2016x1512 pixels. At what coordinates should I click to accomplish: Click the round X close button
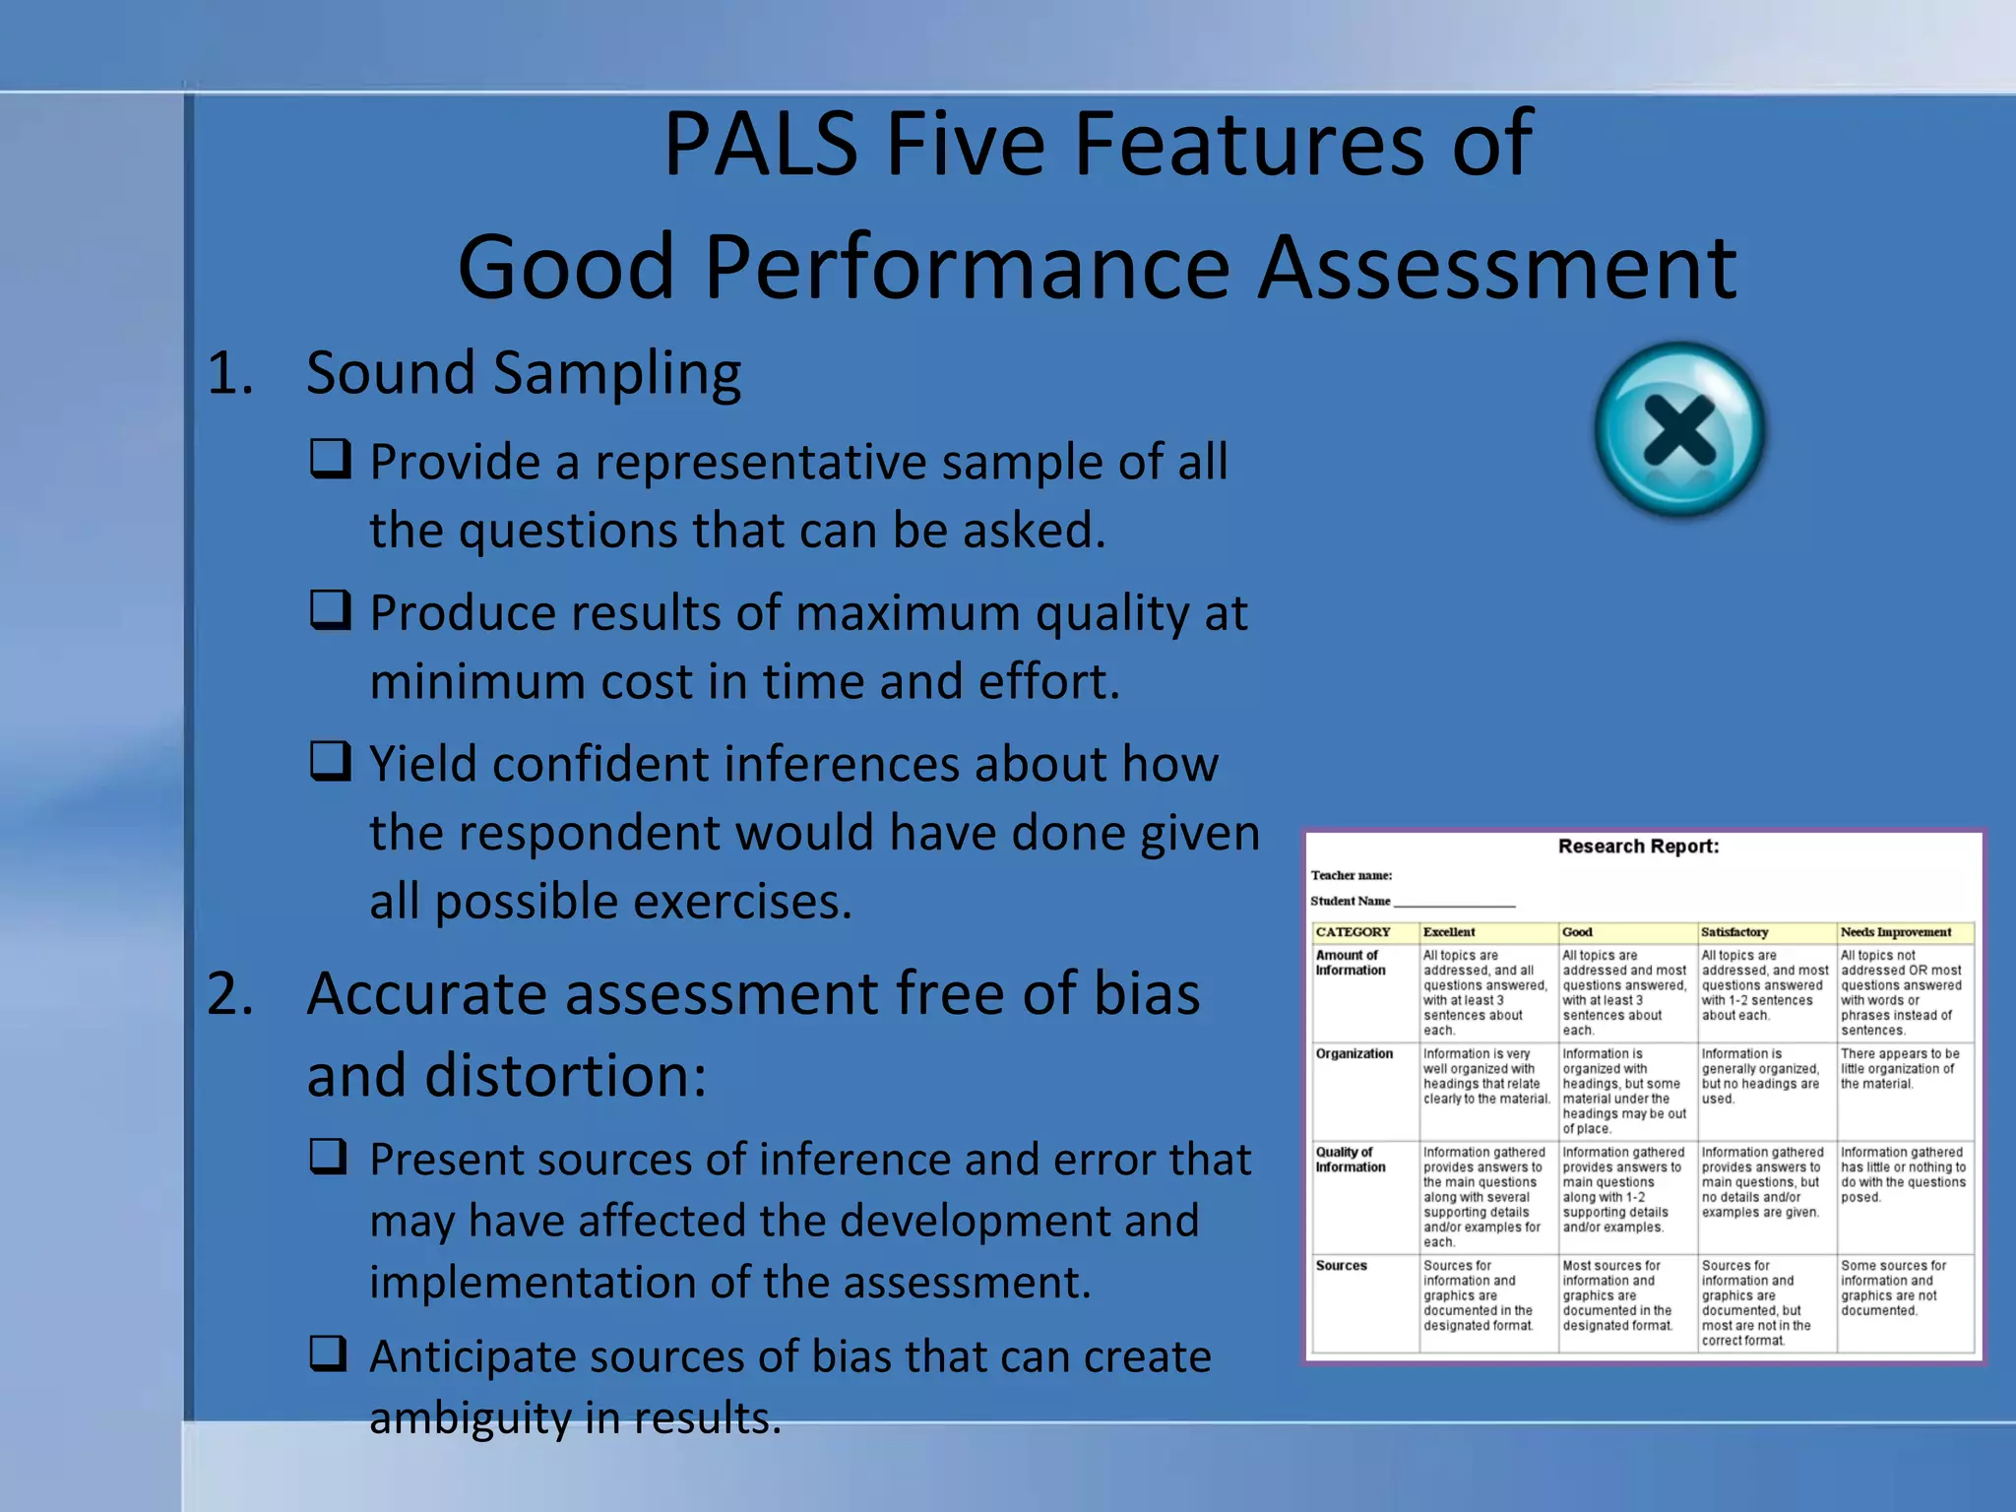click(x=1679, y=429)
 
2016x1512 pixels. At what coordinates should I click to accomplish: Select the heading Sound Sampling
click(x=523, y=373)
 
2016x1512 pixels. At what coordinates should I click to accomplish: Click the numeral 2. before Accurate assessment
click(x=230, y=993)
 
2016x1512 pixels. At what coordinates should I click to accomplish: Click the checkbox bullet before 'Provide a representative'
click(x=330, y=459)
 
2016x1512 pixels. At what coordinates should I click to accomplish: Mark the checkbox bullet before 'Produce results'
click(x=330, y=610)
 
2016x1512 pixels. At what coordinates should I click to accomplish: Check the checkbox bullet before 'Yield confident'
click(x=330, y=761)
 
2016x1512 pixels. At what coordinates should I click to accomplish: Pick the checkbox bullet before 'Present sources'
click(x=330, y=1157)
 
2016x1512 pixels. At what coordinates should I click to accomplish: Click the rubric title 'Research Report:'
click(x=1638, y=847)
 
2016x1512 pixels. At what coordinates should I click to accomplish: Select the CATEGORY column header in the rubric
click(x=1353, y=932)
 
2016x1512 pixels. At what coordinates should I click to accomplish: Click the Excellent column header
click(x=1449, y=932)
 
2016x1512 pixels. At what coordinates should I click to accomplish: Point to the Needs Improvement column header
click(x=1895, y=932)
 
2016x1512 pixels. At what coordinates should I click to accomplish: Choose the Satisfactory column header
click(x=1734, y=932)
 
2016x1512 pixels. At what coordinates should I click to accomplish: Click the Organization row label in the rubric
click(x=1354, y=1054)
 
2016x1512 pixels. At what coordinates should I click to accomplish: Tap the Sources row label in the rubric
click(x=1341, y=1266)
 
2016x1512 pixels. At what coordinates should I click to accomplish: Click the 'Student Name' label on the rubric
click(x=1350, y=901)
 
